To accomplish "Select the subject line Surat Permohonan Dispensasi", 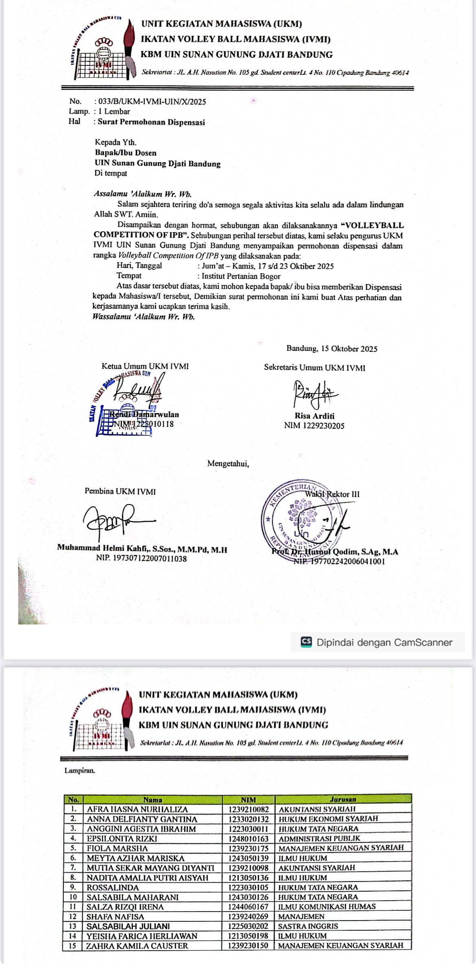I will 151,122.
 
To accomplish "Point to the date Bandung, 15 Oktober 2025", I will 332,349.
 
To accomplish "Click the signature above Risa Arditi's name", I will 314,393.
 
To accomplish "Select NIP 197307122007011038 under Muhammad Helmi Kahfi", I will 142,559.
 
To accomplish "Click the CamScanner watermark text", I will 384,642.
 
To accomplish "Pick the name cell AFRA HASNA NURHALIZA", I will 138,809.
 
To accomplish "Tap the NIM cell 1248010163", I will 249,839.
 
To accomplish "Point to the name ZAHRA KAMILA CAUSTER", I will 138,946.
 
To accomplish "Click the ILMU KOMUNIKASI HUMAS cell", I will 327,907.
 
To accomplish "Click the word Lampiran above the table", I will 80,770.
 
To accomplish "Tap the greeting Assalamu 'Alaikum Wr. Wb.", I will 142,194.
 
